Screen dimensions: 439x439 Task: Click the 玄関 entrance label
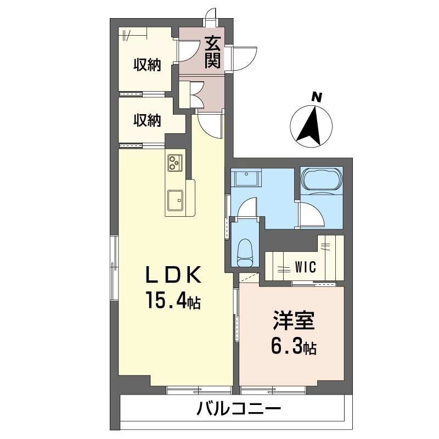pos(213,52)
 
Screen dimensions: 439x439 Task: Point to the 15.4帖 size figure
pos(172,300)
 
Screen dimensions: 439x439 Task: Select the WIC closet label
pos(304,268)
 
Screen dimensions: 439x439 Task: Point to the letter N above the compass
pos(316,98)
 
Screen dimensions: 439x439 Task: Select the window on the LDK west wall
pos(114,268)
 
